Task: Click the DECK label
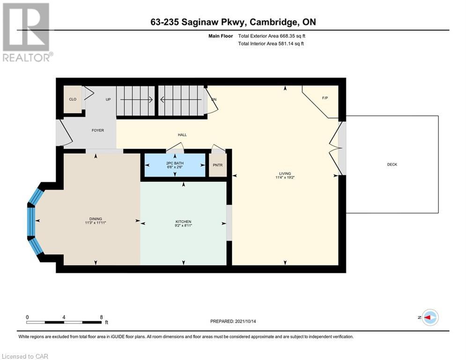[x=392, y=164]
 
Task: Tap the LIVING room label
[x=285, y=173]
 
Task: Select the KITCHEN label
[x=184, y=222]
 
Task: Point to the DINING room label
[x=96, y=219]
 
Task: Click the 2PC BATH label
[x=175, y=163]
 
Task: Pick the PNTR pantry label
[x=218, y=165]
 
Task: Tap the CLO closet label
[x=73, y=99]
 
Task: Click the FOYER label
[x=98, y=130]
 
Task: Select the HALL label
[x=182, y=135]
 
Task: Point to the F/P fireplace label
[x=325, y=98]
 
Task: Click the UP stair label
[x=108, y=99]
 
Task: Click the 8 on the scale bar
[x=101, y=317]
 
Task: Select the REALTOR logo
[x=27, y=32]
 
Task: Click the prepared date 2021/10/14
[x=245, y=321]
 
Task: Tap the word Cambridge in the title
[x=273, y=22]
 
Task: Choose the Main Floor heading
[x=221, y=36]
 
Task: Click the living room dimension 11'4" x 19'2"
[x=285, y=178]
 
